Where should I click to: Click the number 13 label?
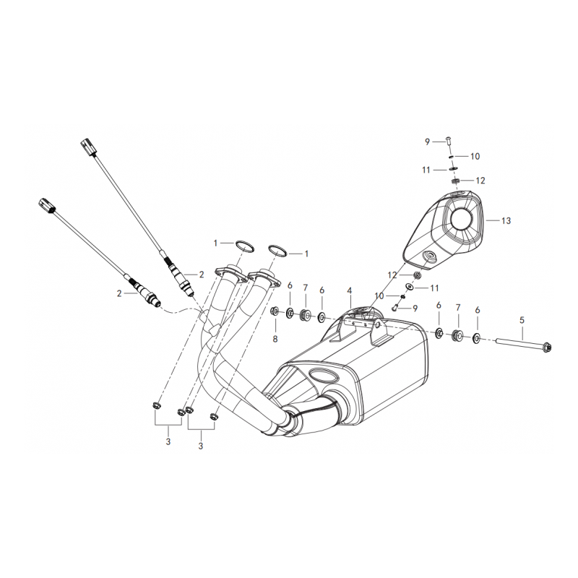(x=506, y=220)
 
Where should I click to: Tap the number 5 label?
(x=522, y=320)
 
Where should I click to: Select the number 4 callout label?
(x=349, y=291)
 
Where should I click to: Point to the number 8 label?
(x=275, y=339)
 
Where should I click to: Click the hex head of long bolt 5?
(x=547, y=347)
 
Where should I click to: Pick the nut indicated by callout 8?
(x=275, y=311)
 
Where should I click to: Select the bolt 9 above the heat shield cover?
(x=449, y=140)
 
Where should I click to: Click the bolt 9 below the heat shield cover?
(x=396, y=306)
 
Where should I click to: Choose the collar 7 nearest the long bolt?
(x=457, y=335)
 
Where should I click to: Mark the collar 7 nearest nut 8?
(x=305, y=314)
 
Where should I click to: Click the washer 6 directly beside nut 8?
(x=290, y=314)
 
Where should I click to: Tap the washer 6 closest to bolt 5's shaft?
(x=476, y=337)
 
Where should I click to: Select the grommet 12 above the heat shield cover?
(x=456, y=181)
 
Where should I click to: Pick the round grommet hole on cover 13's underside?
(x=428, y=257)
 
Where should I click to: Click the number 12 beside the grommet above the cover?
(x=480, y=181)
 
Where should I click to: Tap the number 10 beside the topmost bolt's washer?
(x=475, y=156)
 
